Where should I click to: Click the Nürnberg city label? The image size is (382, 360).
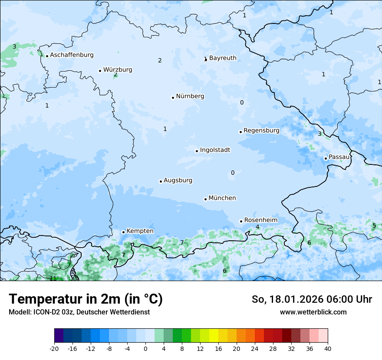(190, 96)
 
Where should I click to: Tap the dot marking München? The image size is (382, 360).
(205, 199)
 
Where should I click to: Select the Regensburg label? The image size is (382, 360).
(261, 130)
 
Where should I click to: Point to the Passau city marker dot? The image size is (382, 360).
(326, 158)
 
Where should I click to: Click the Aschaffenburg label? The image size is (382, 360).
(72, 55)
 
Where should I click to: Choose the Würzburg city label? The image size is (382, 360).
(118, 70)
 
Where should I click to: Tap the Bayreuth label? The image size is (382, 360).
(223, 58)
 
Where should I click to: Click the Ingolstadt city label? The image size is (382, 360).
(215, 150)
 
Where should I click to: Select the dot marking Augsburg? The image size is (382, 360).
(161, 181)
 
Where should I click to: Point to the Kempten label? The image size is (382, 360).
(140, 231)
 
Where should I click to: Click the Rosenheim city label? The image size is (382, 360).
(260, 220)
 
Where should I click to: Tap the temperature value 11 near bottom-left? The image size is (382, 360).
(53, 278)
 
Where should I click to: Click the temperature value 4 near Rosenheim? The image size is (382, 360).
(257, 227)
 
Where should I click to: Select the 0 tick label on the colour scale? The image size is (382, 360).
(145, 348)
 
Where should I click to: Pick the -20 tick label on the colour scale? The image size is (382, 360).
(54, 348)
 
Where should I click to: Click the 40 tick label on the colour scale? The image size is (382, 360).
(327, 348)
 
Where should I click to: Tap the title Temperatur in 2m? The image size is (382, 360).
(86, 299)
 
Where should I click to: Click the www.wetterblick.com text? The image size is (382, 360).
(313, 312)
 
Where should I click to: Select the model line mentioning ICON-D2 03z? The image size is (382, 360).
(79, 312)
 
